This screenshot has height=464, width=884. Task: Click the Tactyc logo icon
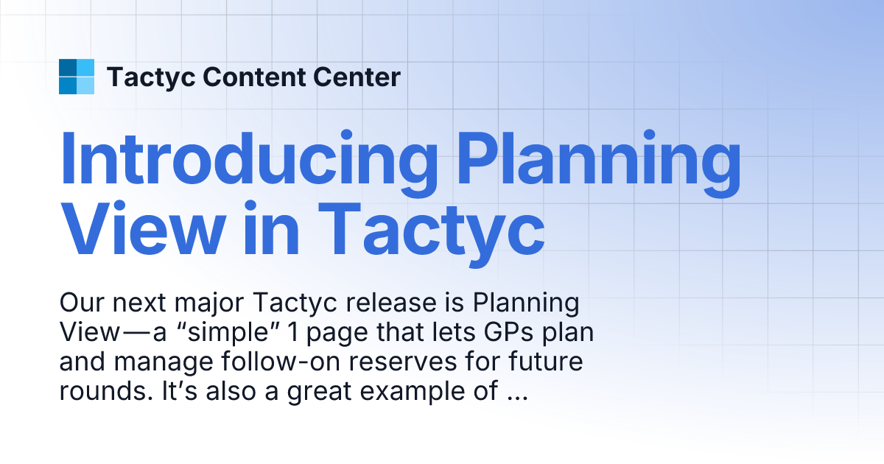click(x=77, y=77)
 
